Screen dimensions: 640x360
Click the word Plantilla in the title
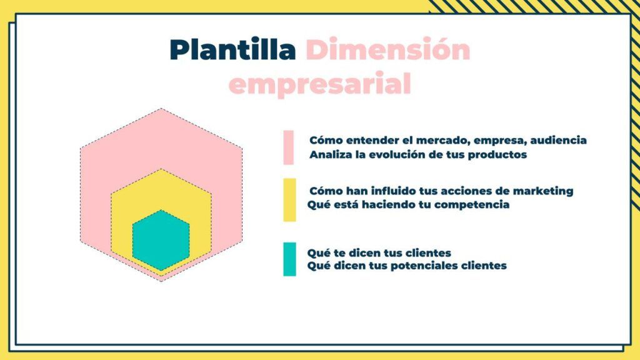[x=232, y=49]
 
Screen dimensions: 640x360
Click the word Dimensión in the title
[x=388, y=49]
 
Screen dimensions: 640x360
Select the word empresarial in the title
[x=320, y=84]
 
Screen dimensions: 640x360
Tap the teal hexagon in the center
[x=161, y=240]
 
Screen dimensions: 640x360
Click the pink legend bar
[x=289, y=147]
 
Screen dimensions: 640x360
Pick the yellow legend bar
[x=289, y=200]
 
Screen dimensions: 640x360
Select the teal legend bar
[x=289, y=259]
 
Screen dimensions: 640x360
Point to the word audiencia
[x=558, y=141]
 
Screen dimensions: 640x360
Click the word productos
[x=497, y=155]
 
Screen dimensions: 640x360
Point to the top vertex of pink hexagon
[x=161, y=108]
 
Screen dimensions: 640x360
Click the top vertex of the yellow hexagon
[x=161, y=169]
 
